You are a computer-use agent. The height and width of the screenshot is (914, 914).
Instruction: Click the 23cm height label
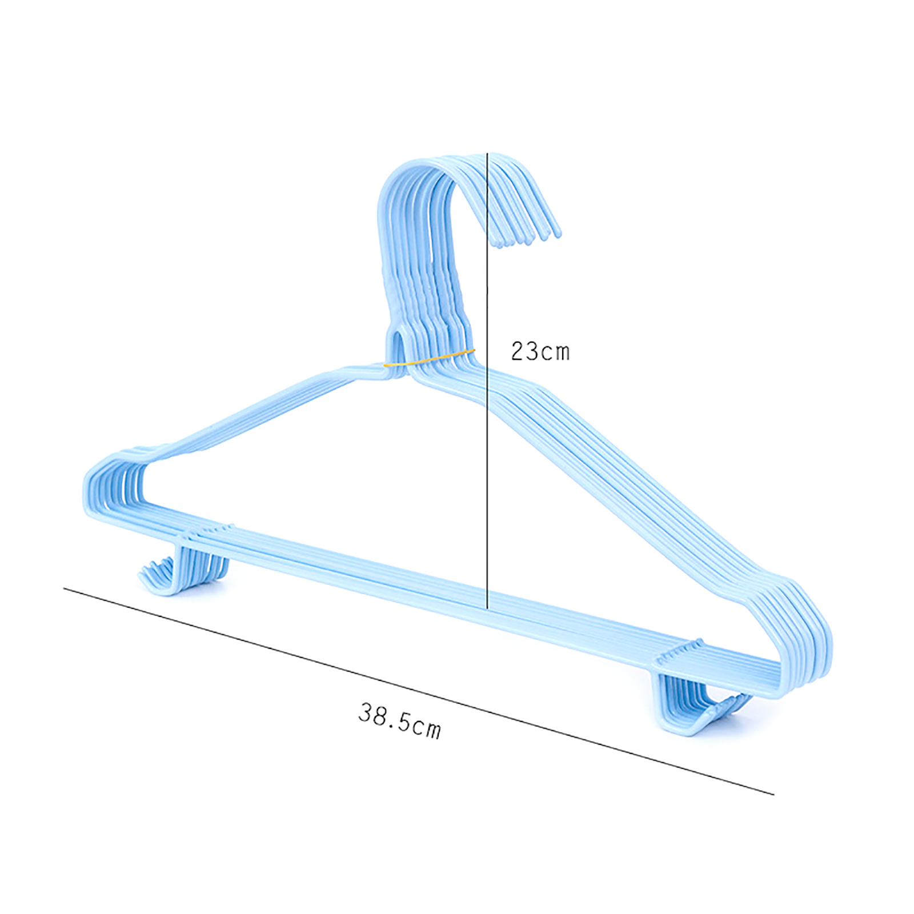point(540,352)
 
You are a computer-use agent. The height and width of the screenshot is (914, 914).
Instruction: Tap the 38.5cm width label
point(400,721)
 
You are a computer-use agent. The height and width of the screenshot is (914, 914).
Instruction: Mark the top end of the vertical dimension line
point(487,153)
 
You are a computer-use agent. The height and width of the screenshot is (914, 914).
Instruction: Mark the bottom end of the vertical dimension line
point(487,609)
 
